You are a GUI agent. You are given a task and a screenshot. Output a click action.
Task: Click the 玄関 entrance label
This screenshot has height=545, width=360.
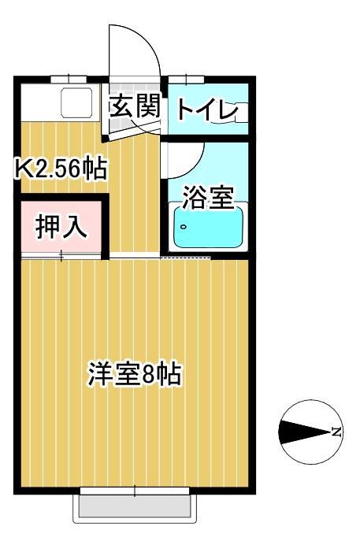pyautogui.click(x=135, y=106)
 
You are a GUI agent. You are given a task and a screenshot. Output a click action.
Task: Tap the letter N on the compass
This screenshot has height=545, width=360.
pyautogui.click(x=336, y=432)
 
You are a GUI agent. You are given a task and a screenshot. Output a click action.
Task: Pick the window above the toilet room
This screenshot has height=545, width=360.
pyautogui.click(x=186, y=78)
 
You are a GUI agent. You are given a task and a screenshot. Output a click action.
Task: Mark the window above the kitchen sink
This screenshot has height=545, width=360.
pyautogui.click(x=68, y=78)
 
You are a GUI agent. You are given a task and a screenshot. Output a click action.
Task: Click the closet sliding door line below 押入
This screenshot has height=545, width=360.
pyautogui.click(x=63, y=256)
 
